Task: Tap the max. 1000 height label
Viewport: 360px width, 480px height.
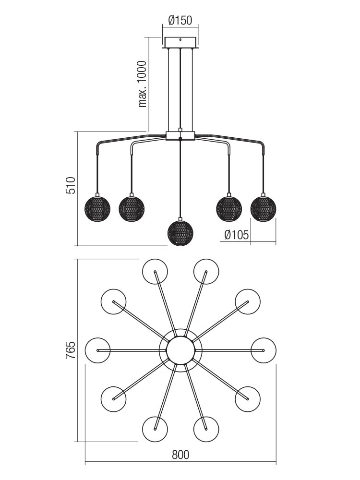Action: tap(143, 84)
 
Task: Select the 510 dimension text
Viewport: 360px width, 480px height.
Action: tap(71, 185)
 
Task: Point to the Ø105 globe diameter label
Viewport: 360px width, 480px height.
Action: tap(236, 235)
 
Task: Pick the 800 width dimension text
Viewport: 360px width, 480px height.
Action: tap(180, 455)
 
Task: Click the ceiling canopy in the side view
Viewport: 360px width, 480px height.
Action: tap(180, 42)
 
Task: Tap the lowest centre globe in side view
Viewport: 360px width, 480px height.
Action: tap(180, 233)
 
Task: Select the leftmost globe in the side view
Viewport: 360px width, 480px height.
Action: tap(97, 208)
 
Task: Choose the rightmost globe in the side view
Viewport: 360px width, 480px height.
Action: tap(263, 208)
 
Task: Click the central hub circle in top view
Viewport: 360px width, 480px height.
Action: tap(180, 350)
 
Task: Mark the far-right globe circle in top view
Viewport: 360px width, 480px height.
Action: tap(263, 350)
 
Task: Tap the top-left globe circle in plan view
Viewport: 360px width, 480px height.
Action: tap(155, 272)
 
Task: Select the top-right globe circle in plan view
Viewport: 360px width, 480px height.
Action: tap(206, 272)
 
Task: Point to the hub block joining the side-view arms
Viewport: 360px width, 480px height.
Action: tap(180, 136)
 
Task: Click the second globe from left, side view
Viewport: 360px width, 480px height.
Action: tap(132, 208)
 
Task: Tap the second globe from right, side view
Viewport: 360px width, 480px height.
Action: tap(229, 208)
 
